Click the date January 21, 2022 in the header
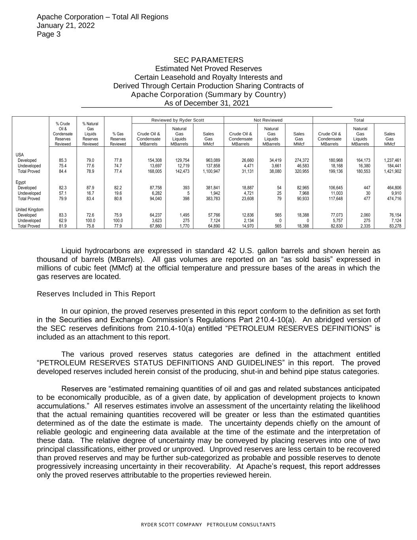66,25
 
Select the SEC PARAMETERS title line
208,60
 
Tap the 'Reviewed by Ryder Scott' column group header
177,120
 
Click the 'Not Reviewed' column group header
268,120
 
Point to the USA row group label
19,154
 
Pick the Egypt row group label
21,182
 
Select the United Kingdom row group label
30,209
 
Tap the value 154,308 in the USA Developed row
154,160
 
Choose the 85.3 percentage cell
62,160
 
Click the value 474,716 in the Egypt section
394,199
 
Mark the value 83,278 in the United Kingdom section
395,226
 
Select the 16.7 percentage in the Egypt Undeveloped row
90,193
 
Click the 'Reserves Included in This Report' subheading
96,294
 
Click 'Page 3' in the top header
49,34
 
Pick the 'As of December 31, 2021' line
207,103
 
